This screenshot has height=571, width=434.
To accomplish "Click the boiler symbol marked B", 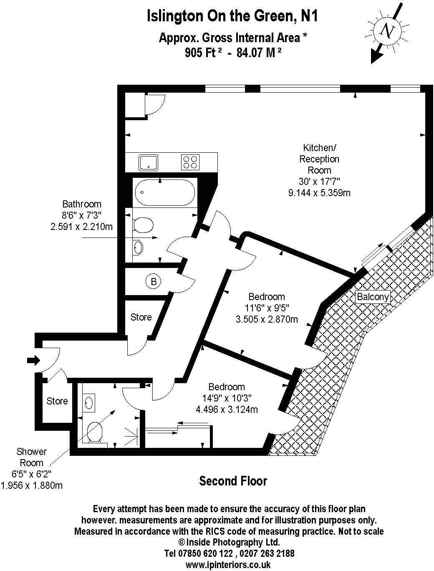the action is click(x=154, y=281).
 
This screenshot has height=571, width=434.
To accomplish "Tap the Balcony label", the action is click(x=373, y=297).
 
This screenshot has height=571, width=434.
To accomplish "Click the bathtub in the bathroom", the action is click(x=165, y=193).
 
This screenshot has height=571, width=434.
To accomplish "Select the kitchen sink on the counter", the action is click(x=148, y=162).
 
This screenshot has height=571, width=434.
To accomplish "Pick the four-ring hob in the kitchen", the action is click(x=190, y=162).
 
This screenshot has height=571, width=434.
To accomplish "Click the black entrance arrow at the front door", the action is click(x=33, y=361).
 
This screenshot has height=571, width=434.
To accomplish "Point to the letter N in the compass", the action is click(x=387, y=30).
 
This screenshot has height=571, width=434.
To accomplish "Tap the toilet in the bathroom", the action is click(x=143, y=225).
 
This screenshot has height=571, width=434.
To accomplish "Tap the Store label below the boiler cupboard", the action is click(x=141, y=317).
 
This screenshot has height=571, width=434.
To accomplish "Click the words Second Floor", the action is click(x=233, y=481).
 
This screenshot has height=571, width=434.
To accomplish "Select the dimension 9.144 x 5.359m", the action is click(x=319, y=193).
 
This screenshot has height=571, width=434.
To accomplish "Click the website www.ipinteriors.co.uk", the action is click(x=228, y=564).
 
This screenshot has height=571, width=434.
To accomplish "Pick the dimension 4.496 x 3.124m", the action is click(x=227, y=410).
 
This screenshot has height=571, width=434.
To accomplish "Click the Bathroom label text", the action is click(x=82, y=204).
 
